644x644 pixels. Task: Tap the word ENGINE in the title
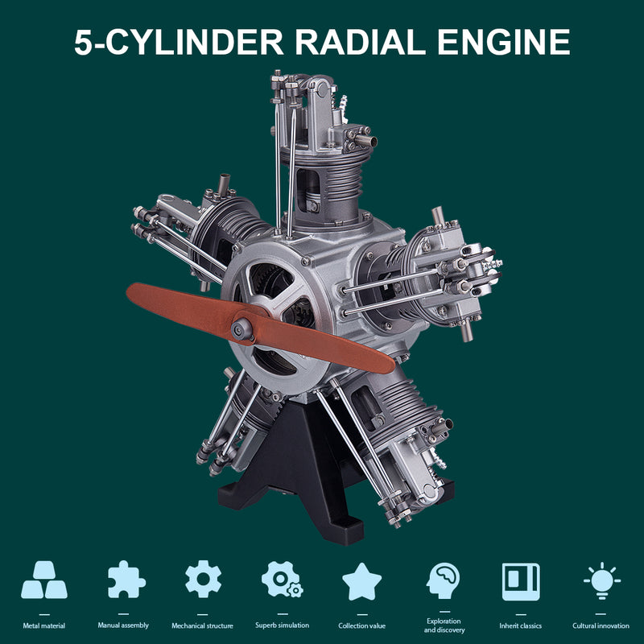pos(504,42)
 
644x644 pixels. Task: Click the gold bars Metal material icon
pos(44,580)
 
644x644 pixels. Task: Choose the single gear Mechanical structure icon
pos(203,580)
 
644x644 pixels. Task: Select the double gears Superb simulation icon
pos(282,580)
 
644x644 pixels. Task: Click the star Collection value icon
pos(362,581)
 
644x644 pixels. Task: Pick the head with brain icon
pos(444,580)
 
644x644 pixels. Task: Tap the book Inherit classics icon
pos(521,581)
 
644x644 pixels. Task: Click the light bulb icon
pos(601,580)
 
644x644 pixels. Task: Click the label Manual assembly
pos(123,625)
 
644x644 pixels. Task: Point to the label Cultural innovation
pos(601,625)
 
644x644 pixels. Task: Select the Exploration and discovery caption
pos(444,625)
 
